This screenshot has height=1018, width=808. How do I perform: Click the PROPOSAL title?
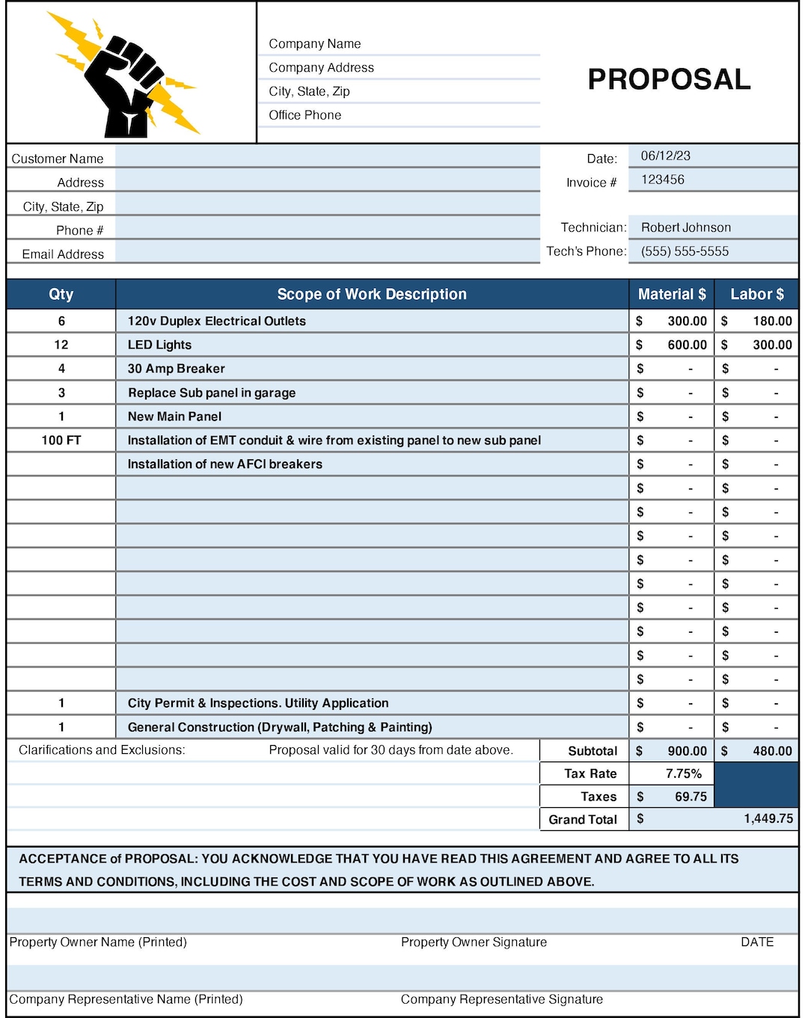tap(669, 79)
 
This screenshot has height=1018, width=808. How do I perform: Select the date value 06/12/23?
tap(665, 156)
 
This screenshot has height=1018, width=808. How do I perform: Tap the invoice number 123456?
tap(662, 180)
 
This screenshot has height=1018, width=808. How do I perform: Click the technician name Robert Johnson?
tap(685, 227)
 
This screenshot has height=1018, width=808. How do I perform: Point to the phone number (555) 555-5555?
tap(684, 251)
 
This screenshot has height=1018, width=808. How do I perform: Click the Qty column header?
tap(61, 294)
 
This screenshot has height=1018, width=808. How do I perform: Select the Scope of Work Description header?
tap(372, 294)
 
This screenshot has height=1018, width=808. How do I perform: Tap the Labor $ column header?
tap(756, 294)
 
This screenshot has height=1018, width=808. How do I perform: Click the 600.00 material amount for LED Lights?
tap(687, 345)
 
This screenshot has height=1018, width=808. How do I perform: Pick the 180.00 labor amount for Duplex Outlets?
tap(772, 321)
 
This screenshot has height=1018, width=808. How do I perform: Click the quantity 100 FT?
tap(61, 441)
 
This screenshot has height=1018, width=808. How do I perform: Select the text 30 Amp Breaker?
tap(176, 369)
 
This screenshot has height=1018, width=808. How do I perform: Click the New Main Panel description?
tap(174, 417)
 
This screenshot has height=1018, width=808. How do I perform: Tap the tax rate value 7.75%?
tap(683, 773)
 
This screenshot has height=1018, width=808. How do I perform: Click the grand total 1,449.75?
tap(768, 818)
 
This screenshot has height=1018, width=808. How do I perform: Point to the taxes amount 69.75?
tap(690, 797)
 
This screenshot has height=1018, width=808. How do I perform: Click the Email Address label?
tap(63, 254)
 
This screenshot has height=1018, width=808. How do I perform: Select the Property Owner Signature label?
tap(474, 942)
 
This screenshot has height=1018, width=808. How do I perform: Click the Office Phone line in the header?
tap(305, 115)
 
